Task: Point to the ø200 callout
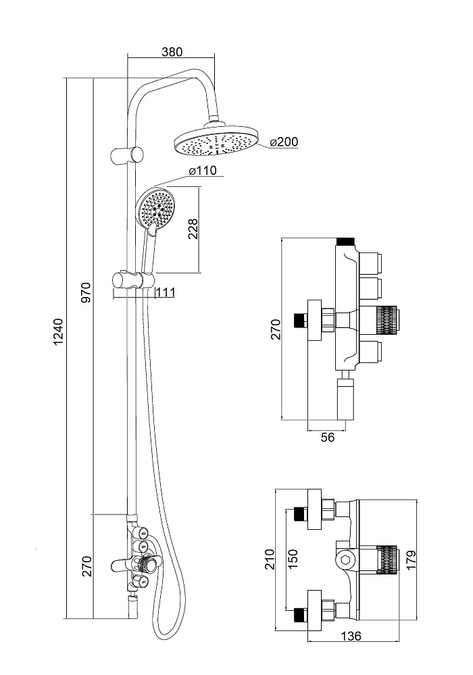283,142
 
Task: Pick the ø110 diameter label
202,171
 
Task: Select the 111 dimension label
165,292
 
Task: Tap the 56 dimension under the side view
327,437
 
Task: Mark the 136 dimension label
352,636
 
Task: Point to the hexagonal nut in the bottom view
345,559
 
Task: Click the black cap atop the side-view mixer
345,240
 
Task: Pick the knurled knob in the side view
388,318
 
